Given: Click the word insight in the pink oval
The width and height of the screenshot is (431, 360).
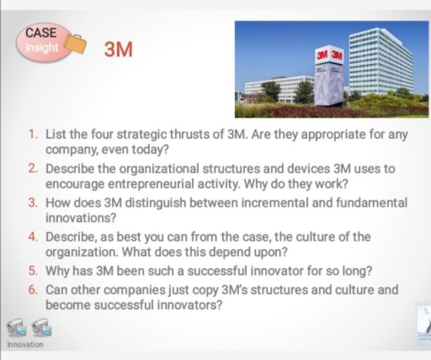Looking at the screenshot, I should pyautogui.click(x=42, y=48).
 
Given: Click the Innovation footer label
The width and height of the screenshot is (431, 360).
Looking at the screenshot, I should pyautogui.click(x=25, y=345).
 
